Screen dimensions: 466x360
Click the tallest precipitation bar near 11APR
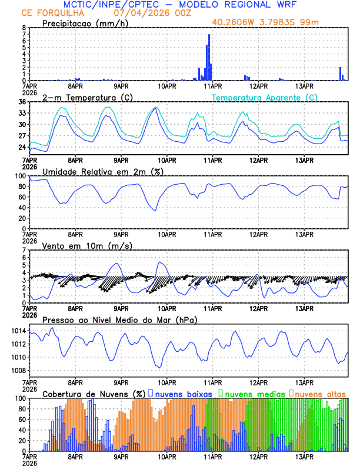pos(209,58)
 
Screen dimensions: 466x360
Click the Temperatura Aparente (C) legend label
pos(265,97)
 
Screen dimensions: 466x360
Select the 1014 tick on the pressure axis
pos(18,331)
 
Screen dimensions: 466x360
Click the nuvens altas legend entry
pos(318,394)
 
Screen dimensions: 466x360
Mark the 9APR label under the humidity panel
pos(121,235)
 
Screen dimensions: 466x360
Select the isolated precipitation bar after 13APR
pos(340,74)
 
